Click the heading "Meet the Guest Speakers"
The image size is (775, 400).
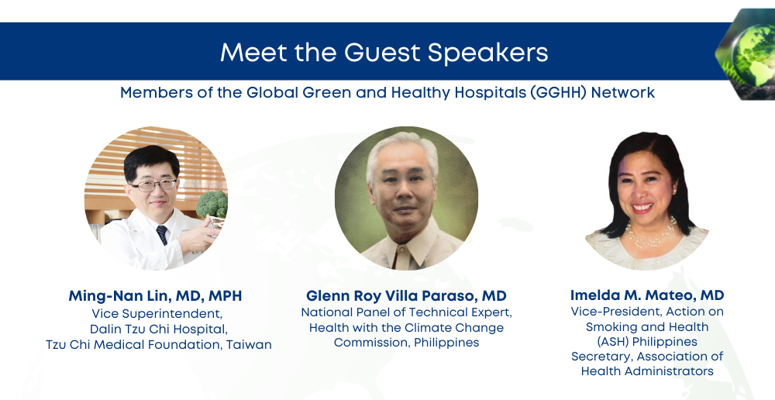[384, 52]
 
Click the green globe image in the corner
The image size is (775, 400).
[746, 53]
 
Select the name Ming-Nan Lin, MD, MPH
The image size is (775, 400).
[155, 295]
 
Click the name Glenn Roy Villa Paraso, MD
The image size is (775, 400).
[406, 295]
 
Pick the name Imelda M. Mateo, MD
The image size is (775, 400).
[647, 295]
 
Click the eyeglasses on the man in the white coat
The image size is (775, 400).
[153, 185]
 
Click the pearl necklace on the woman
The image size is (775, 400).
[651, 234]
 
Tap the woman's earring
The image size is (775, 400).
[674, 191]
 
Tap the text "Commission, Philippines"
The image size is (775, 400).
[406, 343]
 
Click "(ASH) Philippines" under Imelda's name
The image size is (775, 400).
[647, 342]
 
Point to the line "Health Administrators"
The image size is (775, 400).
[647, 371]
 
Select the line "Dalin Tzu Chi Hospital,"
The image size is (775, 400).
[159, 329]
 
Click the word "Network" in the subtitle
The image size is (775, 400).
[623, 92]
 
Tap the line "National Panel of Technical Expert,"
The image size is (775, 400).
[406, 312]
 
